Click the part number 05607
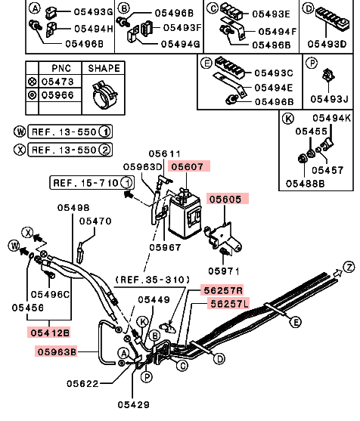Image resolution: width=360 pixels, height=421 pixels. (188, 166)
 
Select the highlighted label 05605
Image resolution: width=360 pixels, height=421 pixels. (225, 199)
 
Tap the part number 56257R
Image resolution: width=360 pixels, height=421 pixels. (223, 290)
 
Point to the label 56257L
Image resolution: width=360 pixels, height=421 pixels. (229, 304)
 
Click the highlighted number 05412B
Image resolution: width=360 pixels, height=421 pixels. (50, 333)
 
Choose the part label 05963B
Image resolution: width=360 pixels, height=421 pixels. (57, 351)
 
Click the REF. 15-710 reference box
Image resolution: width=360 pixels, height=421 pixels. (92, 183)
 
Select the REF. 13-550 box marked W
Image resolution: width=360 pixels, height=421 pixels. (70, 132)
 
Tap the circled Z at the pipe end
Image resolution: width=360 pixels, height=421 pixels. (349, 267)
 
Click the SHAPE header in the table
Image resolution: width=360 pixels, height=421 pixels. (104, 68)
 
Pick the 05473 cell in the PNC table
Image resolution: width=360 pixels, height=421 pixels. (57, 82)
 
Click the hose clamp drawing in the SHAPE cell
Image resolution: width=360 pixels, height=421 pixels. (103, 94)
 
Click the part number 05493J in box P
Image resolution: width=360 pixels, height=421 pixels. (329, 99)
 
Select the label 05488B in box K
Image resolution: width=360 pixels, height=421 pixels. (306, 184)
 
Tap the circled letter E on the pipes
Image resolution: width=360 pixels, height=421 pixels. (296, 322)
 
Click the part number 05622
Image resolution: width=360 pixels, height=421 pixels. (82, 384)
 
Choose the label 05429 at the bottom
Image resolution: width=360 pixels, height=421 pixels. (134, 404)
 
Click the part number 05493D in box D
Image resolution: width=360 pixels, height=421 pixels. (327, 44)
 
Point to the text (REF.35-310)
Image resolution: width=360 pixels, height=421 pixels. (152, 280)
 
